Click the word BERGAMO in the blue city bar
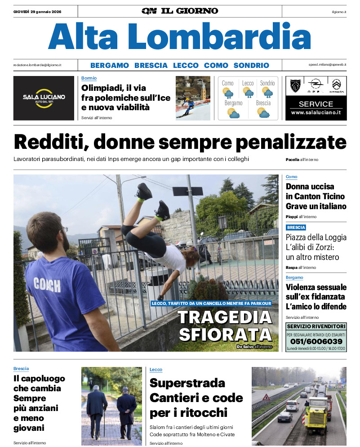click(109, 65)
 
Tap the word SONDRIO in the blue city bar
click(251, 65)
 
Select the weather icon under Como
click(228, 93)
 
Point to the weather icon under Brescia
click(263, 112)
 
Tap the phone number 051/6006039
click(316, 341)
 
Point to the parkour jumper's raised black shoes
click(153, 200)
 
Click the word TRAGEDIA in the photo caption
click(225, 317)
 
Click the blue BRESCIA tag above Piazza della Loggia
click(296, 228)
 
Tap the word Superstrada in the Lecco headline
click(187, 383)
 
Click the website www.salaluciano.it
click(316, 112)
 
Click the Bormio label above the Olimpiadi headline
click(89, 78)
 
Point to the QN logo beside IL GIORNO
click(149, 11)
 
